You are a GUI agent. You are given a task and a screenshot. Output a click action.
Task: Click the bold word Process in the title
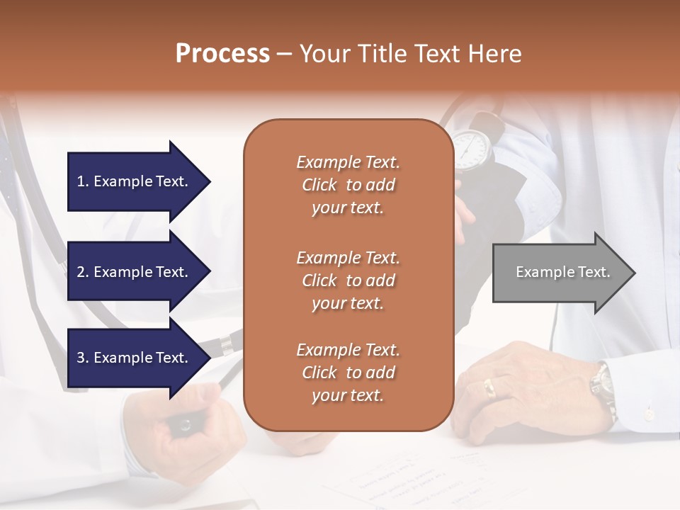click(x=222, y=54)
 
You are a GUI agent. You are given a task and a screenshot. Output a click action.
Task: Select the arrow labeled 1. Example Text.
click(x=135, y=181)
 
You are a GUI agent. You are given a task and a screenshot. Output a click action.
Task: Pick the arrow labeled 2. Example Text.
click(x=135, y=272)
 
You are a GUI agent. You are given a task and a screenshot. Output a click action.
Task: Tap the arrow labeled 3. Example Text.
click(x=135, y=358)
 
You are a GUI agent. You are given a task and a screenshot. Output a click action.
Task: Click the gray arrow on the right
click(x=560, y=273)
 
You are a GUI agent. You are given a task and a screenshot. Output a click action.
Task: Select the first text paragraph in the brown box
click(x=348, y=185)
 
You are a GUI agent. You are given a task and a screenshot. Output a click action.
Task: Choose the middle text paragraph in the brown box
click(x=348, y=280)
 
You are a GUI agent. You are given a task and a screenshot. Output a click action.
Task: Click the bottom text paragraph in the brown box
click(x=348, y=373)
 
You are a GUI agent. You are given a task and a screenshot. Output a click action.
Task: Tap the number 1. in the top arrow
click(x=83, y=181)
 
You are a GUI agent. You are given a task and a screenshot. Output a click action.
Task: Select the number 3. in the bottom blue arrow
click(x=83, y=358)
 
